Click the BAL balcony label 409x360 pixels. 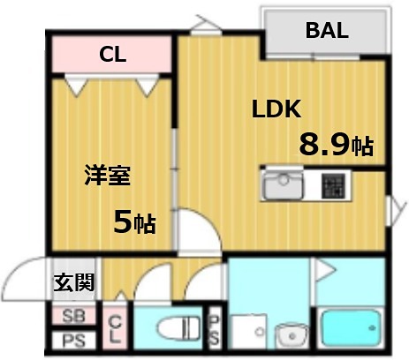(326, 30)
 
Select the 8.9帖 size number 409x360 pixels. (335, 145)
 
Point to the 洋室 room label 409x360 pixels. (108, 175)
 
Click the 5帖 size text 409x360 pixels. (133, 221)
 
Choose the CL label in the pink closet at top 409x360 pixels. (112, 55)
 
